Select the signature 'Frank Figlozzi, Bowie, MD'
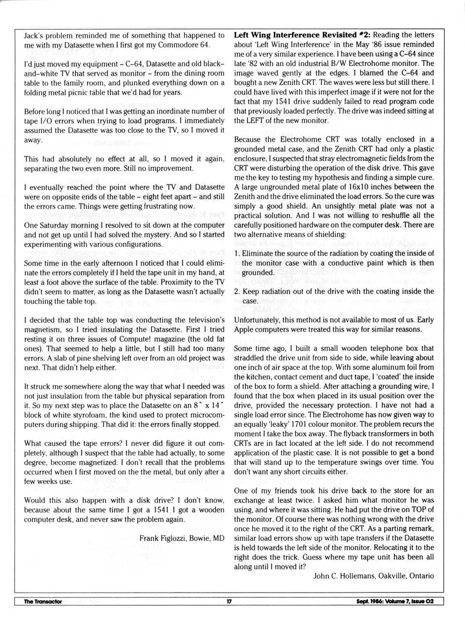[182, 538]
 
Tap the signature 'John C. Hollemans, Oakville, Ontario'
[373, 576]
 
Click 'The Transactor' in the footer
[43, 601]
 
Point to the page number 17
[229, 601]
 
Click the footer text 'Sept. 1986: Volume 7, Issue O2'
[394, 601]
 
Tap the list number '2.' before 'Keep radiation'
[237, 292]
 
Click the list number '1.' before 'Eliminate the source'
[237, 253]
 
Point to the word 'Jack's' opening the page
[34, 35]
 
